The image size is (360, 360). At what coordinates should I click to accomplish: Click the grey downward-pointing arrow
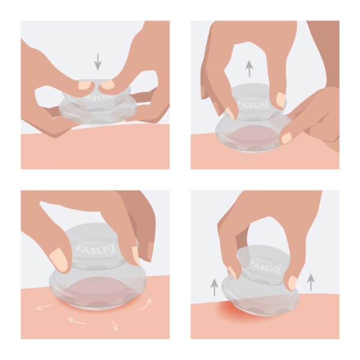pyautogui.click(x=98, y=62)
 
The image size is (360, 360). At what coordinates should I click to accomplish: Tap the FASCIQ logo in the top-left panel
pyautogui.click(x=98, y=96)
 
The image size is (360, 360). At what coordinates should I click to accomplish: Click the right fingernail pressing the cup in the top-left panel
pyautogui.click(x=108, y=85)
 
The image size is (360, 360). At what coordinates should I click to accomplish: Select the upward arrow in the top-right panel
pyautogui.click(x=249, y=68)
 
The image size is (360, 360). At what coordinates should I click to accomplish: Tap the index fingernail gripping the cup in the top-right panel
pyautogui.click(x=281, y=99)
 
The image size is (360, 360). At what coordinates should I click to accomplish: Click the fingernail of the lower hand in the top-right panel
pyautogui.click(x=287, y=138)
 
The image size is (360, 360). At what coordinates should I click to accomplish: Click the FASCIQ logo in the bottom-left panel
pyautogui.click(x=95, y=249)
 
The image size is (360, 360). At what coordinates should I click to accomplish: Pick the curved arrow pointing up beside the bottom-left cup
pyautogui.click(x=146, y=304)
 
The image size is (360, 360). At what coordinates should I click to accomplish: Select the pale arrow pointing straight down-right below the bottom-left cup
pyautogui.click(x=115, y=325)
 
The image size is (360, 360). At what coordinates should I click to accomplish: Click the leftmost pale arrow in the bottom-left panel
pyautogui.click(x=44, y=307)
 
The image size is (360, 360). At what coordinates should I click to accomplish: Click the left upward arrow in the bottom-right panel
pyautogui.click(x=214, y=287)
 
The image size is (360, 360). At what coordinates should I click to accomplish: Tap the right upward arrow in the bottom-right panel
pyautogui.click(x=311, y=282)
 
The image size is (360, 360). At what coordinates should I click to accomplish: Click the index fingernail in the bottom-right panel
pyautogui.click(x=232, y=273)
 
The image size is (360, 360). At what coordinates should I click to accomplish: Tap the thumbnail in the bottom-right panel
pyautogui.click(x=292, y=283)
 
